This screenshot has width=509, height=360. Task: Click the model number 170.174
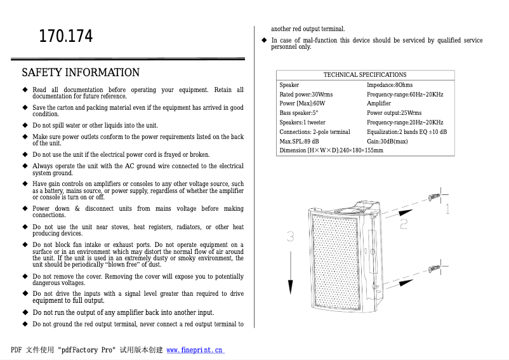click(x=66, y=37)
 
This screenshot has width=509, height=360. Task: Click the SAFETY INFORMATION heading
click(x=81, y=72)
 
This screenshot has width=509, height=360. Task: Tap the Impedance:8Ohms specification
click(x=390, y=85)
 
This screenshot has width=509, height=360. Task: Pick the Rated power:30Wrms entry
click(x=306, y=95)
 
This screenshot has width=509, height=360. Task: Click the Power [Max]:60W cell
click(x=302, y=103)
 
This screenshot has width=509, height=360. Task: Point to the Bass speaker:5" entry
click(x=299, y=113)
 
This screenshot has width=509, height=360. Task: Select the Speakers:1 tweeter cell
click(x=303, y=123)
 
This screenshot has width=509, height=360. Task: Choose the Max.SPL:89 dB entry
click(x=300, y=141)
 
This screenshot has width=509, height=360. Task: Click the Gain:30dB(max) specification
click(x=387, y=141)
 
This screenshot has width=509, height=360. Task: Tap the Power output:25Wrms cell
click(x=393, y=113)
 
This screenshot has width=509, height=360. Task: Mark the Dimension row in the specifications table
click(x=331, y=150)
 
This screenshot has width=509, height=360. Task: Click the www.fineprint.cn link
click(x=195, y=350)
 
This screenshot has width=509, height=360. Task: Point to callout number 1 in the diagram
click(x=447, y=209)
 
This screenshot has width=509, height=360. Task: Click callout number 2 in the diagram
click(x=404, y=223)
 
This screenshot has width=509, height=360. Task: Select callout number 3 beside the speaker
click(x=290, y=237)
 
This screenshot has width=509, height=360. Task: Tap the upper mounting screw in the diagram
click(x=435, y=197)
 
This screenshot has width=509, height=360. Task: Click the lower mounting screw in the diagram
click(x=435, y=269)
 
